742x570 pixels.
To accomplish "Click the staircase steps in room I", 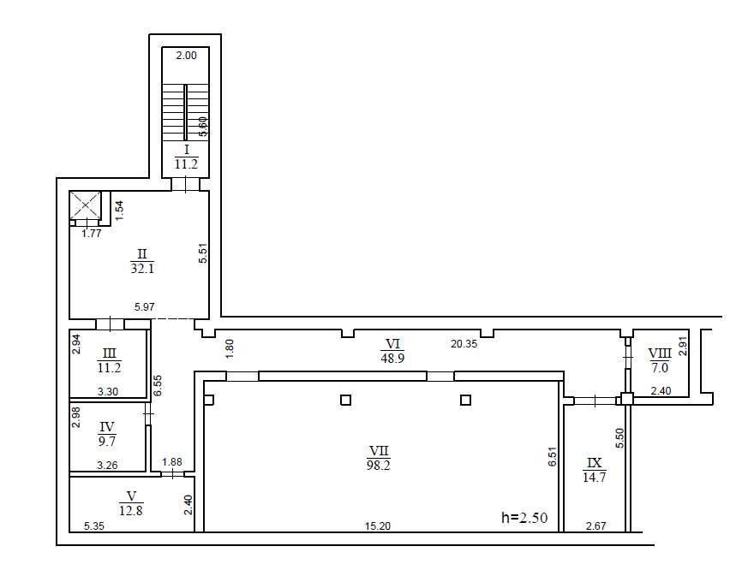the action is click(185, 112).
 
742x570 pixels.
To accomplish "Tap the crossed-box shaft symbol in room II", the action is click(85, 205).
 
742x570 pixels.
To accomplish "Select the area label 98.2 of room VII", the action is click(378, 466).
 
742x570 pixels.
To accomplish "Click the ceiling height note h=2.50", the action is click(524, 517).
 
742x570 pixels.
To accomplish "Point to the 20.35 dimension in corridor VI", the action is click(464, 344).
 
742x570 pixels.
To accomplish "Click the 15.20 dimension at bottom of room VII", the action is click(378, 525).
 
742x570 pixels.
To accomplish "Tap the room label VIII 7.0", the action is click(660, 360).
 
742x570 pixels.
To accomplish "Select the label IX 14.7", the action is click(595, 470).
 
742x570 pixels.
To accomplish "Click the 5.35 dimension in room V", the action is click(94, 525).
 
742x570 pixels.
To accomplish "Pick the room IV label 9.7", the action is click(107, 442).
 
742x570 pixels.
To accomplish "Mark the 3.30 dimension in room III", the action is click(108, 391).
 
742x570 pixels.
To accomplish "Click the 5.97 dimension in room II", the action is click(144, 306).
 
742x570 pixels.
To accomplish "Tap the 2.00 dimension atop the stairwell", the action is click(186, 56).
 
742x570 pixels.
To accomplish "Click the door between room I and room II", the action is click(185, 184).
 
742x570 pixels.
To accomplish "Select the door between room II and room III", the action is click(110, 324).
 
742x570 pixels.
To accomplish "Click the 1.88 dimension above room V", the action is click(171, 462).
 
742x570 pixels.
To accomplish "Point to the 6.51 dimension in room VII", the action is click(553, 457).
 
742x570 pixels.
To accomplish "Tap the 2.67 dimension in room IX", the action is click(595, 525).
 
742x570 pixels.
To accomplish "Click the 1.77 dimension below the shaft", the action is click(92, 233).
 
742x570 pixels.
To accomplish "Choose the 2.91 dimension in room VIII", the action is click(682, 346).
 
